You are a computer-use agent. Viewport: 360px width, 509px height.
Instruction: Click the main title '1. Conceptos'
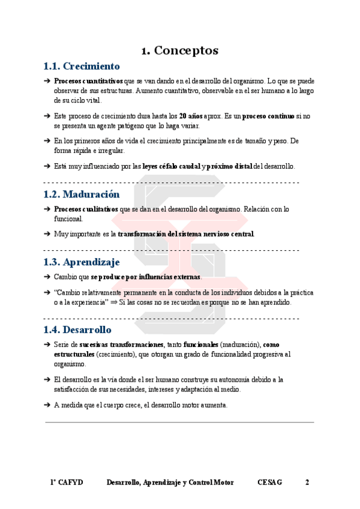click(x=179, y=50)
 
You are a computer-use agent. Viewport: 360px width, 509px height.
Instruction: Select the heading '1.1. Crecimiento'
click(x=82, y=66)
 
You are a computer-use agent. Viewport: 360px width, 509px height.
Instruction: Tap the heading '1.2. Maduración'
click(x=82, y=194)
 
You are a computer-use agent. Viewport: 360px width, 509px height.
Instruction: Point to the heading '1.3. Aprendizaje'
click(x=82, y=262)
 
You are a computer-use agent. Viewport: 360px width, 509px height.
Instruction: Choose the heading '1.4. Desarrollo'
click(x=77, y=330)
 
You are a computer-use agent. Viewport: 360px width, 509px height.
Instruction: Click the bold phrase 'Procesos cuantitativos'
click(x=88, y=80)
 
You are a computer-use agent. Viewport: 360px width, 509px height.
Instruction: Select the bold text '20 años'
click(x=192, y=115)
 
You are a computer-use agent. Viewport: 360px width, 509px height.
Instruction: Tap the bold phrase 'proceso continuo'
click(x=268, y=115)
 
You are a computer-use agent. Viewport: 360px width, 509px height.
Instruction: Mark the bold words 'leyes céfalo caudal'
click(x=171, y=166)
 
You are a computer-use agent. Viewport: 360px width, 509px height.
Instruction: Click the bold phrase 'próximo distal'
click(x=230, y=166)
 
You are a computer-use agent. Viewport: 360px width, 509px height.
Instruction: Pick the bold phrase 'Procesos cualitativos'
click(x=86, y=209)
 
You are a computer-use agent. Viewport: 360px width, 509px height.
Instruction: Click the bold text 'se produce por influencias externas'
click(x=146, y=277)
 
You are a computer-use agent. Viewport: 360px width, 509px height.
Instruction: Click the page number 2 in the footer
click(x=307, y=483)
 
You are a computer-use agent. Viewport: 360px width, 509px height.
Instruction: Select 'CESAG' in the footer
click(x=269, y=483)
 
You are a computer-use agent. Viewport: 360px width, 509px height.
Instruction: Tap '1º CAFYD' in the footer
click(x=67, y=483)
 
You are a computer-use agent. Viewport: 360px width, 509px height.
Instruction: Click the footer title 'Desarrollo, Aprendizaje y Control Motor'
click(x=170, y=483)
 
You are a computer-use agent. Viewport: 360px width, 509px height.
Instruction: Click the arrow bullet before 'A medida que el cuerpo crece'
click(x=47, y=405)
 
